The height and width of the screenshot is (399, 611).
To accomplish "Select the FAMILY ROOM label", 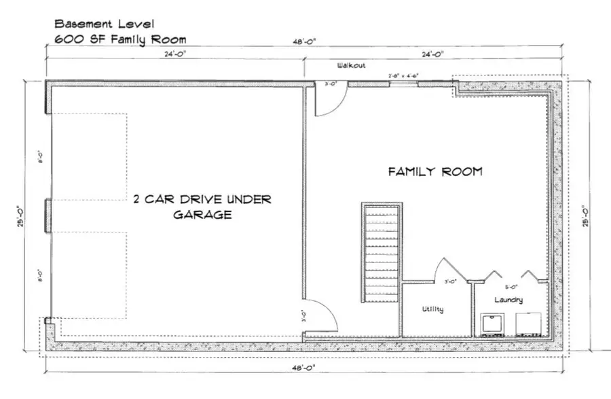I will (434, 172).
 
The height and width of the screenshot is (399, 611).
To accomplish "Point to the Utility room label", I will (432, 309).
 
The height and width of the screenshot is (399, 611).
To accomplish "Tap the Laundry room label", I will (508, 300).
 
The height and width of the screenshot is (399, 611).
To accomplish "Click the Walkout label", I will (352, 66).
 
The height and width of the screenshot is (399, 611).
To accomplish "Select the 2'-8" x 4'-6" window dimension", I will (403, 75).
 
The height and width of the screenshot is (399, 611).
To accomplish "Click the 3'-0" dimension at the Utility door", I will (449, 281).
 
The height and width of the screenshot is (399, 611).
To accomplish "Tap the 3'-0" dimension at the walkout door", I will (331, 84).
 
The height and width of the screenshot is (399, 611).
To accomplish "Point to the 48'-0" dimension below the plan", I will (303, 367).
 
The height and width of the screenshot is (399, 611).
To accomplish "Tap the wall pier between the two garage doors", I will (47, 216).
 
